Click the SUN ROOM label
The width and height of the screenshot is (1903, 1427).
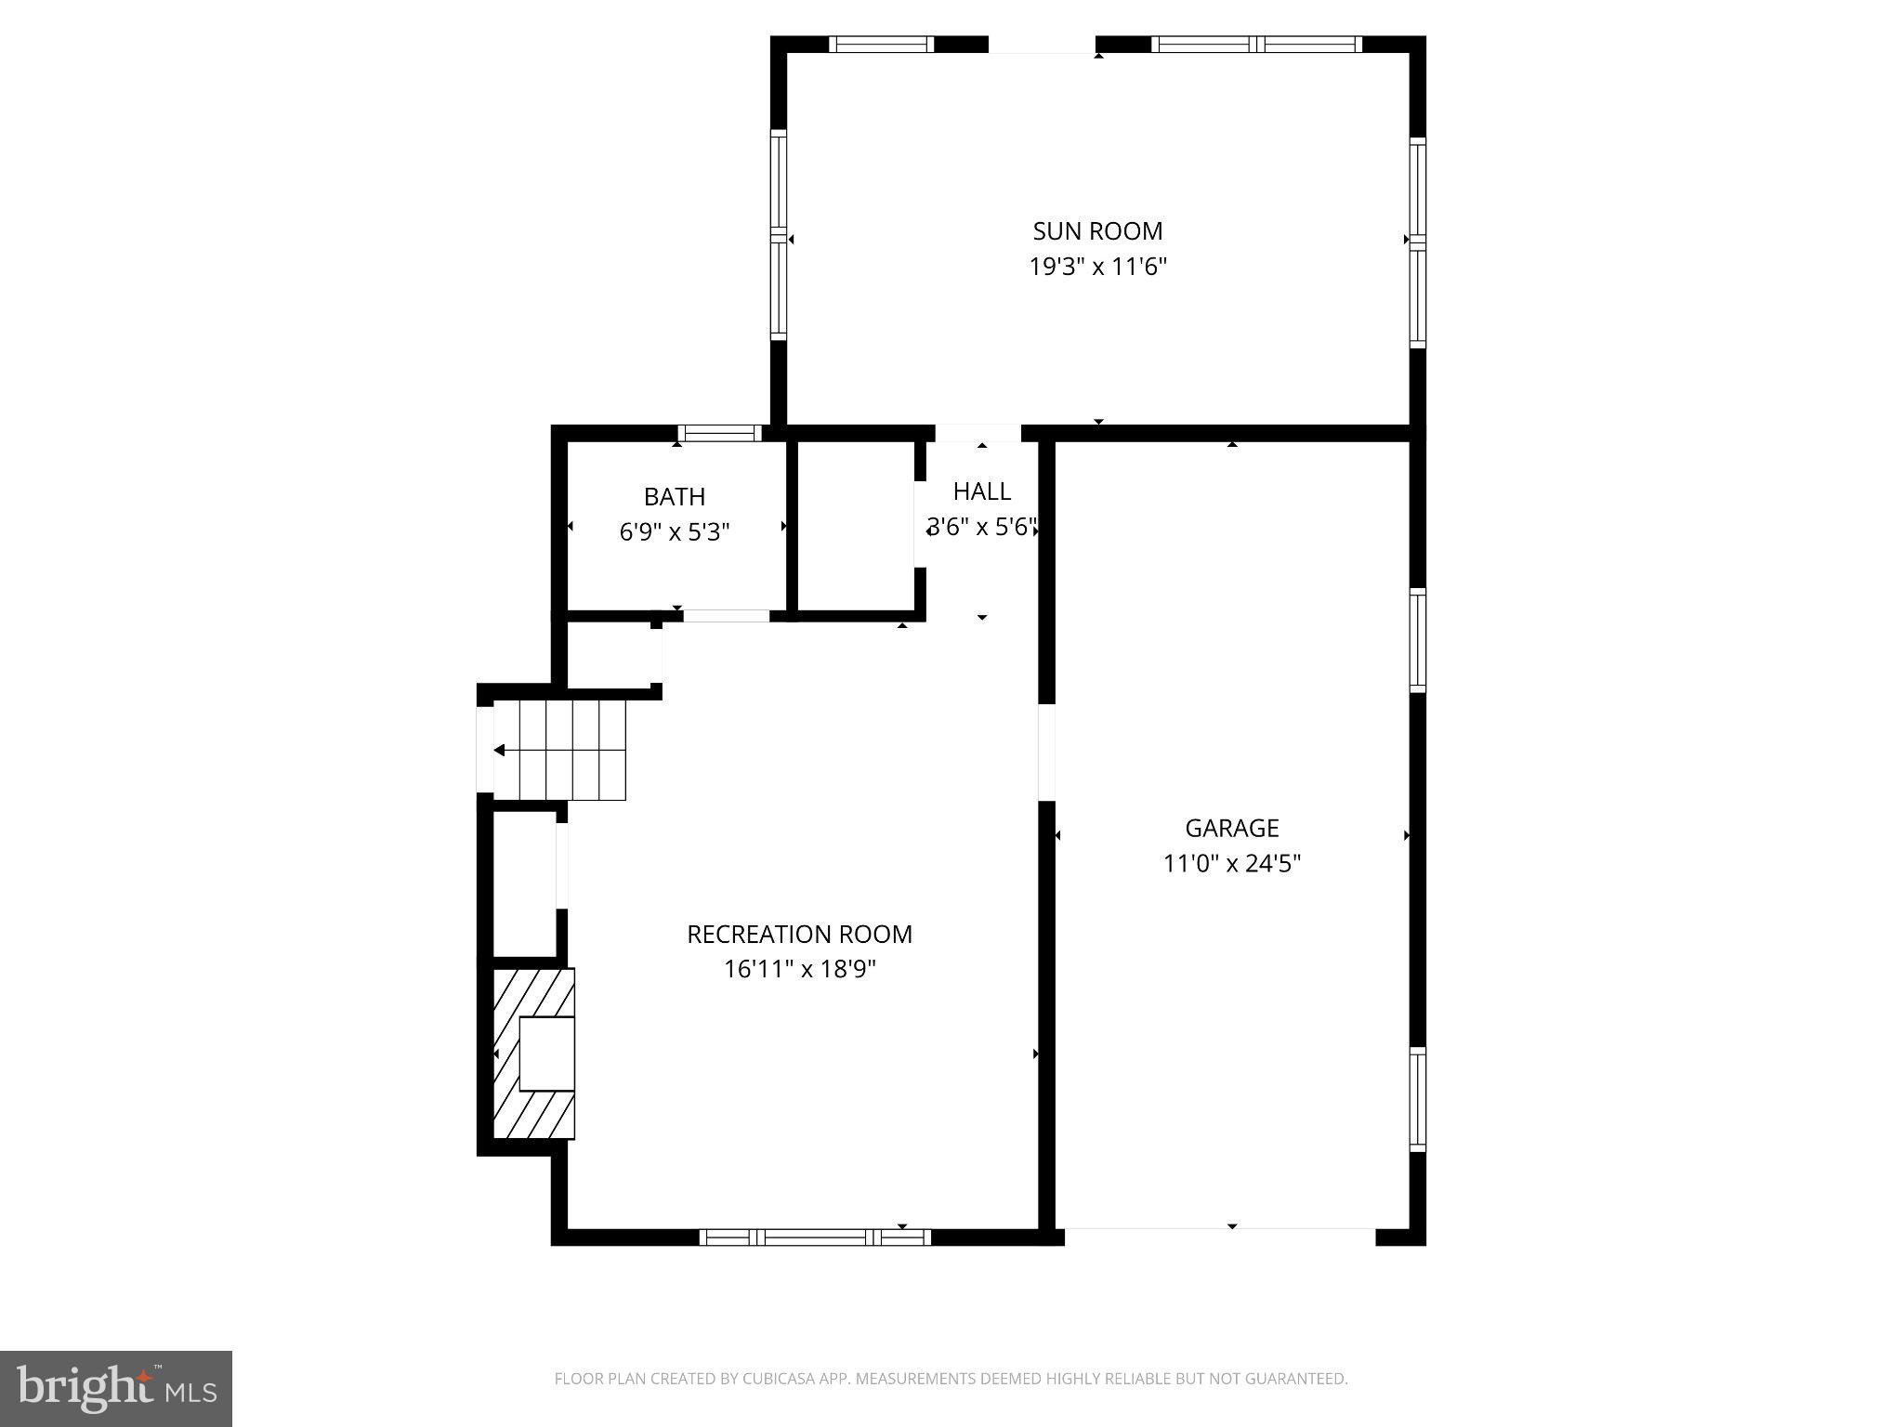click(1097, 230)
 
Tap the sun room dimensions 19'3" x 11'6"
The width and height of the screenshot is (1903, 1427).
click(1097, 268)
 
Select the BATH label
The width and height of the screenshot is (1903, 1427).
click(675, 496)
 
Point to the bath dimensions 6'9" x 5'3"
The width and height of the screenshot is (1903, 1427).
click(675, 532)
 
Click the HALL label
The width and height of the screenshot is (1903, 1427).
click(981, 491)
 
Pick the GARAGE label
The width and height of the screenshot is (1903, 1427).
click(1231, 828)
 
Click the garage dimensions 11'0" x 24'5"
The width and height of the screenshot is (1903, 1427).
click(1231, 864)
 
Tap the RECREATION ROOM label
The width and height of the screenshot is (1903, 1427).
click(799, 934)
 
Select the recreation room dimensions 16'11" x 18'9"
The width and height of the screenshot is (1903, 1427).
click(799, 970)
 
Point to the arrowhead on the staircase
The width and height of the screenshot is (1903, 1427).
click(500, 750)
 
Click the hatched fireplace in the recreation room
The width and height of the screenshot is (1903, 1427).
click(533, 1054)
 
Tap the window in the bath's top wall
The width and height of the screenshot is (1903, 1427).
click(719, 433)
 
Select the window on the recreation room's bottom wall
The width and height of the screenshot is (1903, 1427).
click(815, 1237)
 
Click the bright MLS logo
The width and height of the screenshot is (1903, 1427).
click(116, 1389)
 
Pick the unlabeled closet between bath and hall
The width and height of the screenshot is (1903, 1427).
click(856, 526)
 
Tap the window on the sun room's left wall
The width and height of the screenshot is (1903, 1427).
click(779, 235)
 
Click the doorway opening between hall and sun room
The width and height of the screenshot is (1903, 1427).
click(978, 433)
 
